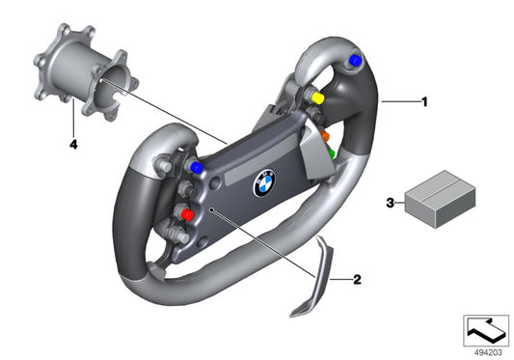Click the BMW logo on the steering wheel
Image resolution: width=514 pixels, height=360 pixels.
[265, 183]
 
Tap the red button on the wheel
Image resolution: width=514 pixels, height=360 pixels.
[187, 214]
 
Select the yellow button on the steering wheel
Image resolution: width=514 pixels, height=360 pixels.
[318, 97]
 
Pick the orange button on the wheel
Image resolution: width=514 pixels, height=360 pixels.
[324, 137]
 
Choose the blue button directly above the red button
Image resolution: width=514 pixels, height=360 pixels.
[198, 168]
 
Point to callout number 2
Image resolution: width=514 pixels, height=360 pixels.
[357, 280]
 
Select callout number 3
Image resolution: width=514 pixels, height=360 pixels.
[390, 203]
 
